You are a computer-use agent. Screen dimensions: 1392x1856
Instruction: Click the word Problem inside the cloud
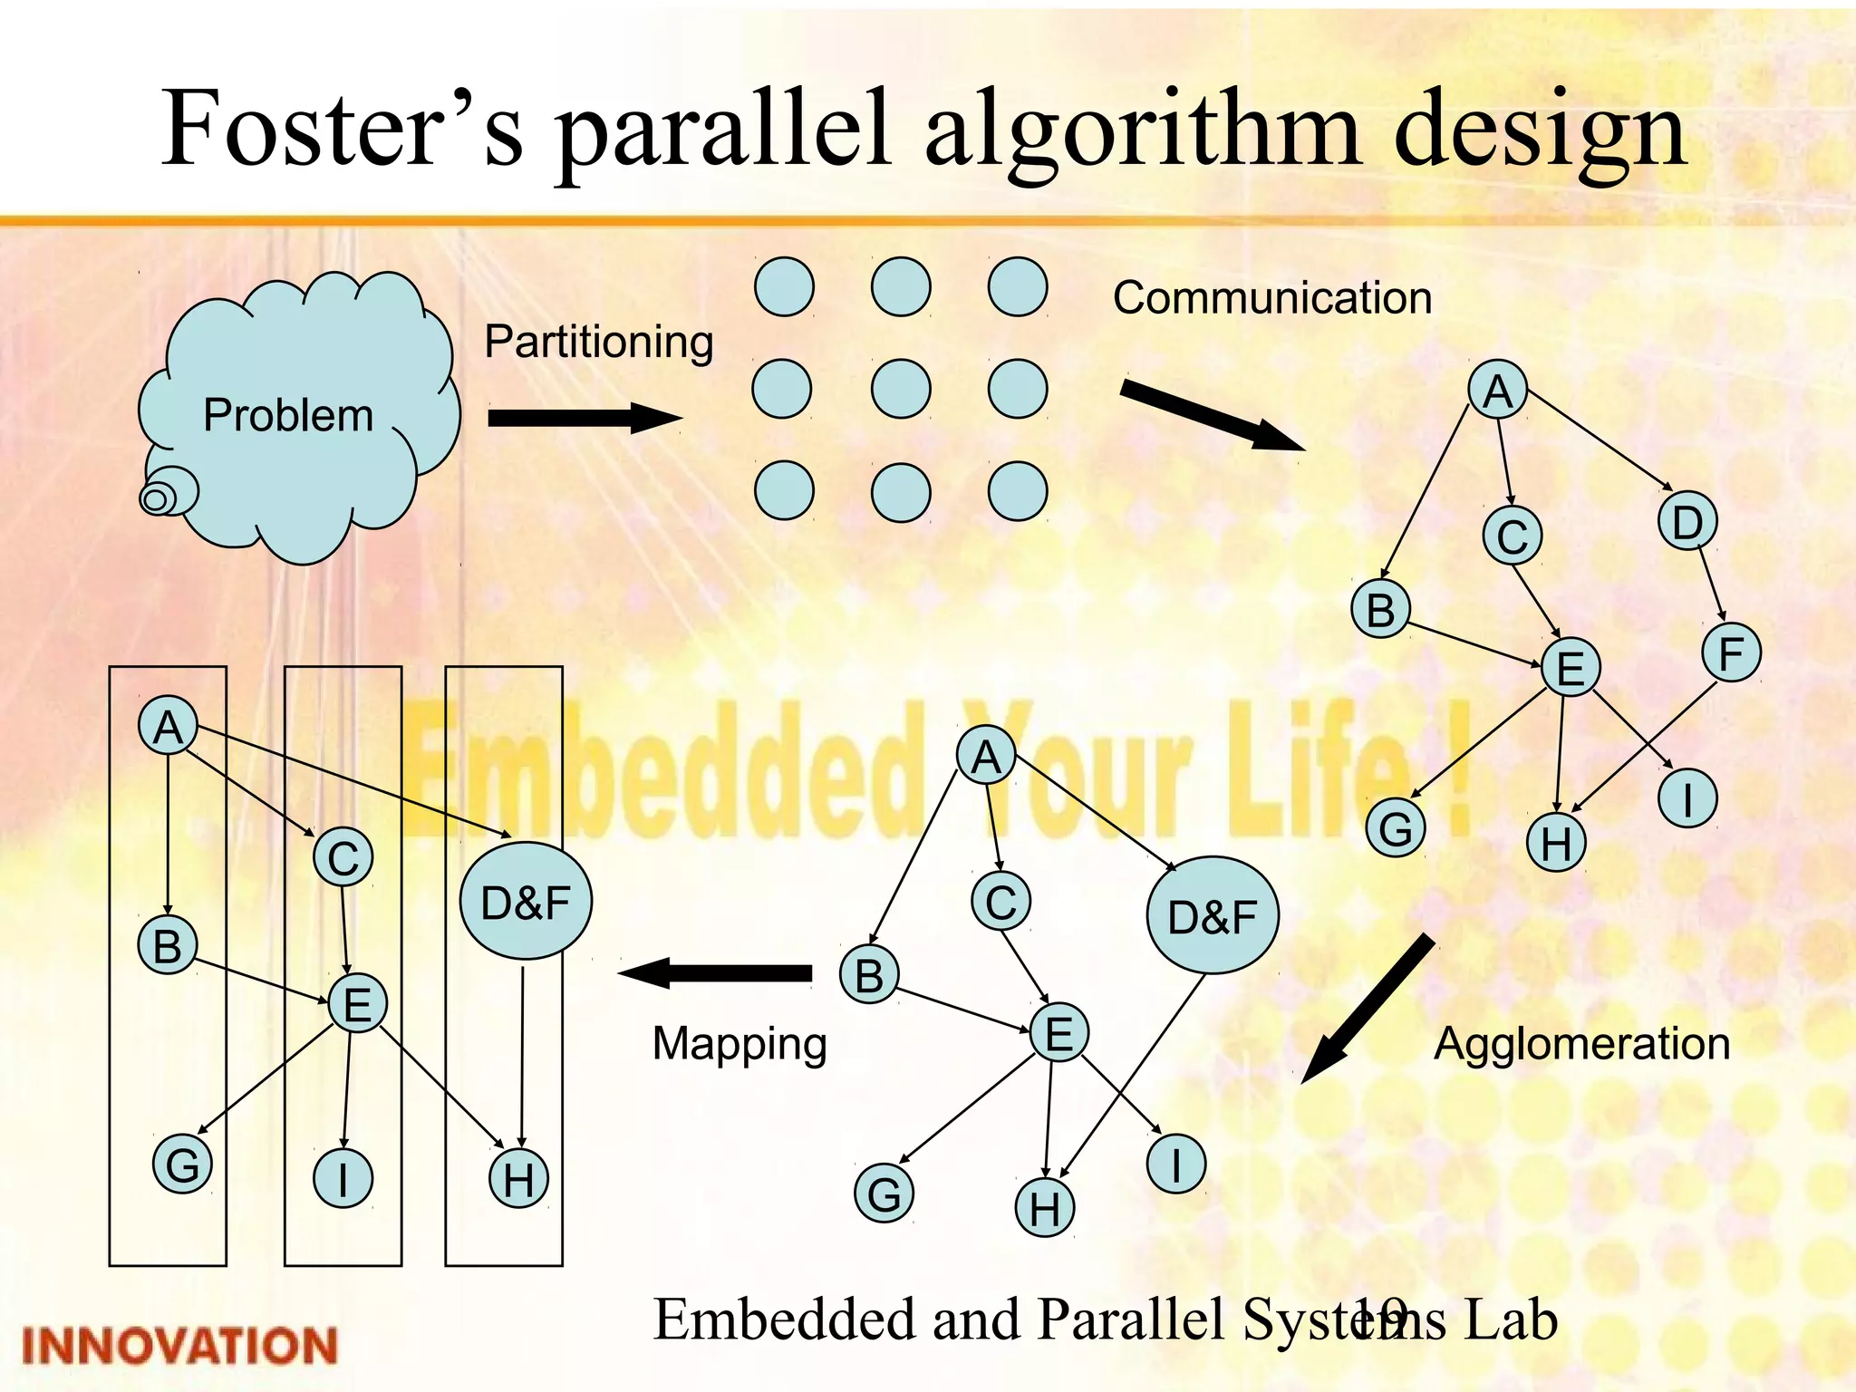tap(288, 416)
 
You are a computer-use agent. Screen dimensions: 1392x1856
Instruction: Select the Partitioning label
tap(598, 343)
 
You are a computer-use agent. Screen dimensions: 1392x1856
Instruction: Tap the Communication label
tap(1271, 298)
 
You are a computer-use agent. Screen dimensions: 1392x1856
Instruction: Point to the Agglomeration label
tap(1581, 1043)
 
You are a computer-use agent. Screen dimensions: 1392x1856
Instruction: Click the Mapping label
tap(739, 1043)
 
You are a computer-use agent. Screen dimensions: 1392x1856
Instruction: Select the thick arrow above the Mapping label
tap(716, 973)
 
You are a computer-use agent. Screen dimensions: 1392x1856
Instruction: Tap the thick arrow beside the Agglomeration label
tap(1367, 1009)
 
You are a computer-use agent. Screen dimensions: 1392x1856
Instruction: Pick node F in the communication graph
tap(1731, 652)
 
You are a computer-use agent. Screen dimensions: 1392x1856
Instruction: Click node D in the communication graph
tap(1687, 521)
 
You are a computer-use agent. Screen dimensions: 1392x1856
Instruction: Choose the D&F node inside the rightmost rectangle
tap(526, 902)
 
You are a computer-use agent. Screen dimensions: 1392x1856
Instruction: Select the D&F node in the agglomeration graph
tap(1213, 915)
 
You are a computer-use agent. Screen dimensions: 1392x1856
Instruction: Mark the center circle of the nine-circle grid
tap(900, 389)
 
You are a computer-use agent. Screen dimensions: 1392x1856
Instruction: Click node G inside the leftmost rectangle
tap(182, 1165)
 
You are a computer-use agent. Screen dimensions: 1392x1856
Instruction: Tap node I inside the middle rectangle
tap(343, 1179)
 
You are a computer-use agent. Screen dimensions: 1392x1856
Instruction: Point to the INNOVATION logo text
tap(179, 1346)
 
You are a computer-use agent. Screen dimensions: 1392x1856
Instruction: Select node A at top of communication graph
tap(1497, 390)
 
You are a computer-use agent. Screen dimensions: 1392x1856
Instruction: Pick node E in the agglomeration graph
tap(1058, 1032)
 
